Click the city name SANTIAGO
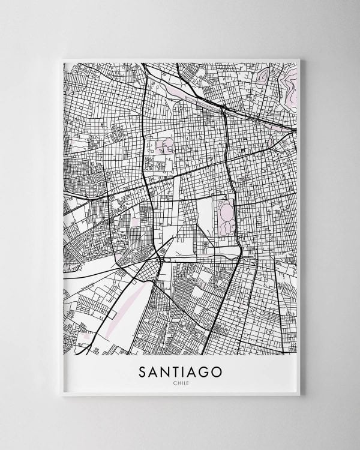(180, 372)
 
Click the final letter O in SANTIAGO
(215, 372)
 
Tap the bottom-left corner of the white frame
(62, 396)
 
